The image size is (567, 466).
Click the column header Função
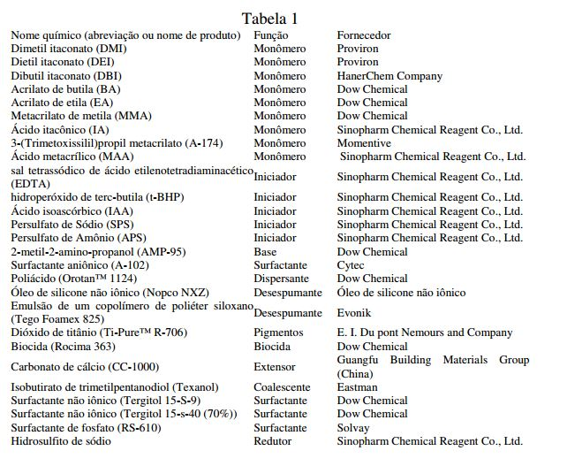[270, 35]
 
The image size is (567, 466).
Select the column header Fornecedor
[364, 35]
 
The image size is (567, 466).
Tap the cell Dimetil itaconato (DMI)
[69, 49]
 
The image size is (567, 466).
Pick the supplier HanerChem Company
[389, 76]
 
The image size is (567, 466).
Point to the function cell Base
[266, 252]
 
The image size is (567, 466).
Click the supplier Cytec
[351, 265]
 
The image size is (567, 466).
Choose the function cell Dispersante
[282, 279]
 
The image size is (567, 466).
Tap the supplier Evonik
[354, 313]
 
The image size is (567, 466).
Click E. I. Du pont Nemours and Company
[425, 333]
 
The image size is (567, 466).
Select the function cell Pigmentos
[278, 333]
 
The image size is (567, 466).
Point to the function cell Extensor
[276, 367]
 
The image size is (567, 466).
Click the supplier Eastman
[357, 387]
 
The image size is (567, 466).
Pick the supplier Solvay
[353, 428]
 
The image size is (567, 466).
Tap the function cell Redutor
[273, 441]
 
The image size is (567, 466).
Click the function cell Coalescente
[282, 387]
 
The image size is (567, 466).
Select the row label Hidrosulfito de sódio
[61, 441]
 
